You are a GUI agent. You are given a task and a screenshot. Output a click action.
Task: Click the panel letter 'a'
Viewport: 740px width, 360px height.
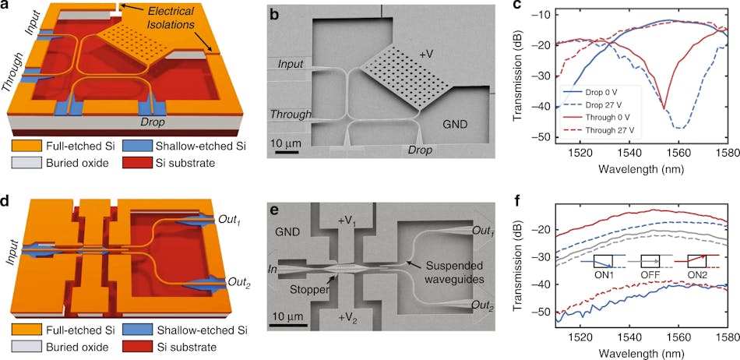tap(7, 8)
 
